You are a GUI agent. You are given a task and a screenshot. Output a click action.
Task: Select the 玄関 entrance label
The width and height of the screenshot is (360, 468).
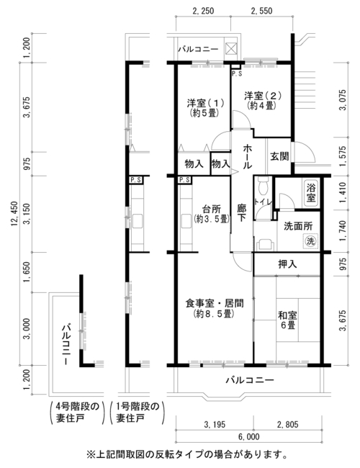tap(279, 156)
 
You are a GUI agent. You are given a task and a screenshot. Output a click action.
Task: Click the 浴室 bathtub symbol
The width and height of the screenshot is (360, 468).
tap(311, 193)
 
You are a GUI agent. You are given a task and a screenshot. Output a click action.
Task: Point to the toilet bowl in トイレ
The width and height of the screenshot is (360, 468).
tap(263, 186)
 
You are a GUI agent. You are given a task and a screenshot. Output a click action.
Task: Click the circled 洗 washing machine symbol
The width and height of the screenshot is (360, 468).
tap(311, 240)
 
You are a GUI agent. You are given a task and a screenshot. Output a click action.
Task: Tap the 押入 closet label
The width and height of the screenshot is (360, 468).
tap(287, 264)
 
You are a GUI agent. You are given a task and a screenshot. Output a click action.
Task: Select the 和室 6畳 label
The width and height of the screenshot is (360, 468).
tap(287, 320)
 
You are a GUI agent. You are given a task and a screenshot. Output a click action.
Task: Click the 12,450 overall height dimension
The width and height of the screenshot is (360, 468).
tap(14, 213)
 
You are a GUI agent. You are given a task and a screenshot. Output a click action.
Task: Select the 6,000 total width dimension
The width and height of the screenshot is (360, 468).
tap(248, 437)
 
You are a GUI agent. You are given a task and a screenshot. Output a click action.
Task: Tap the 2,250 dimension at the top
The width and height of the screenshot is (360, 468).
tap(203, 11)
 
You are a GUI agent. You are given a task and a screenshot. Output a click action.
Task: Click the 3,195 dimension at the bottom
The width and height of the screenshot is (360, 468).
tap(215, 424)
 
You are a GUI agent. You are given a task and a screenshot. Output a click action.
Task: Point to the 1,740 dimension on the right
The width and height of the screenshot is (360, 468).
tap(343, 230)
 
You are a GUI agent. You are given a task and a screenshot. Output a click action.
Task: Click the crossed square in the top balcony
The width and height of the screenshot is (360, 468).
tap(231, 48)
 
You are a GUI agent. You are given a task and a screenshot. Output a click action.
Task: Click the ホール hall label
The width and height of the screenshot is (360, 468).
tap(248, 156)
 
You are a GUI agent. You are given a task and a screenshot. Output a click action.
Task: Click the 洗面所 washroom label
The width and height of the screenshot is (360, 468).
tap(298, 226)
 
